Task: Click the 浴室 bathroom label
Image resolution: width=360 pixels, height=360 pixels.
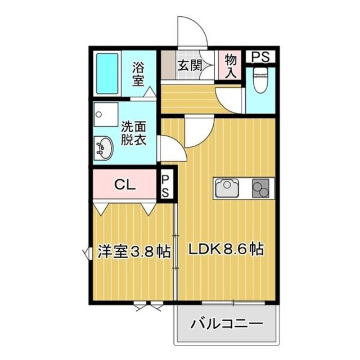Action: tap(138, 74)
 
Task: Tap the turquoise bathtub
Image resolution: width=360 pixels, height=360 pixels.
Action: tap(106, 74)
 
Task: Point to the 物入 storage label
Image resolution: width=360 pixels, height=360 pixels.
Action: tap(231, 65)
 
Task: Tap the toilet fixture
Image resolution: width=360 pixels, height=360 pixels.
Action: tap(260, 81)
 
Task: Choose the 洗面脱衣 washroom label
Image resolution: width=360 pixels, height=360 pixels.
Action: tap(134, 133)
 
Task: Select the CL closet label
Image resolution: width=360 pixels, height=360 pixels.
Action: tap(124, 184)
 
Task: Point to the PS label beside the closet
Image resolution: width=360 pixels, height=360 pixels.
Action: tap(165, 184)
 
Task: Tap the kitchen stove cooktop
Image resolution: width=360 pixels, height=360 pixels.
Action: tap(261, 186)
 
